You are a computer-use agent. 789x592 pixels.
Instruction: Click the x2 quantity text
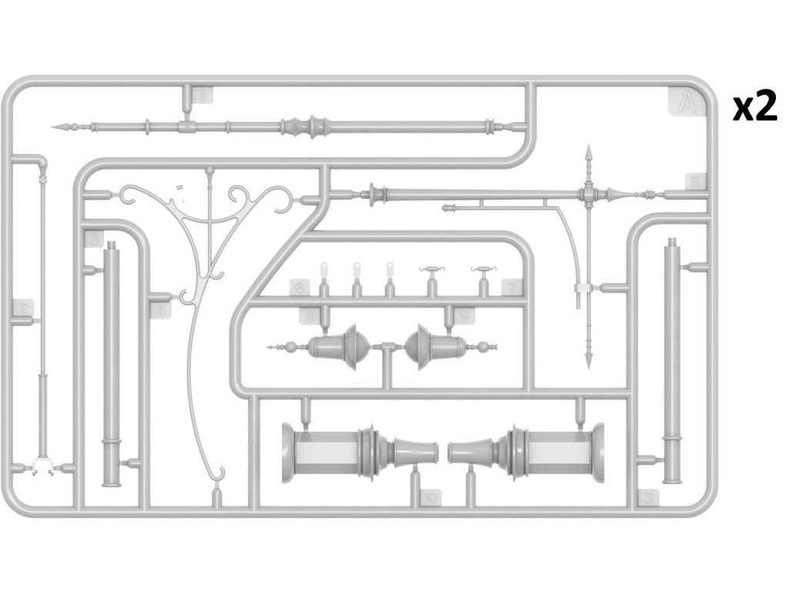[x=754, y=108]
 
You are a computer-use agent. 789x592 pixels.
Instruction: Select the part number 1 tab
[x=203, y=96]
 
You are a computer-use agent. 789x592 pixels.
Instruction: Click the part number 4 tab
[x=159, y=311]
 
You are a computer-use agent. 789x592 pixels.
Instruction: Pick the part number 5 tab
[x=694, y=182]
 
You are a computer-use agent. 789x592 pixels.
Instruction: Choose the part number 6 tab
[x=300, y=288]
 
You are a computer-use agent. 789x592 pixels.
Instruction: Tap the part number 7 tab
[x=509, y=288]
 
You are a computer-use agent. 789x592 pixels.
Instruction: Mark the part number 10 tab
[x=429, y=498]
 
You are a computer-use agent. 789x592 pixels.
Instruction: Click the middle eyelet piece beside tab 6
[x=357, y=271]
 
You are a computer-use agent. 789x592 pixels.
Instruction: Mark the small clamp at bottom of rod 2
[x=42, y=466]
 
